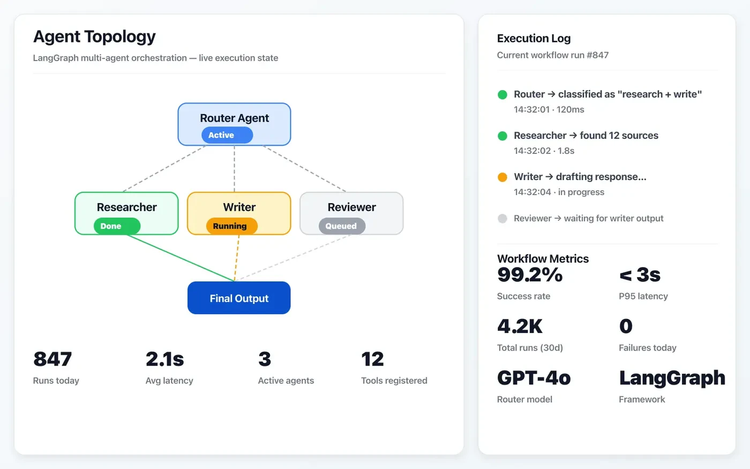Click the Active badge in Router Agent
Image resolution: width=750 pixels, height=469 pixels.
[227, 135]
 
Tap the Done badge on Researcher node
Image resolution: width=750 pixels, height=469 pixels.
[117, 226]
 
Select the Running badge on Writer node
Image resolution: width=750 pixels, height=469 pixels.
[231, 226]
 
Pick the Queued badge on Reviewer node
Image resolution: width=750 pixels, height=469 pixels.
[342, 226]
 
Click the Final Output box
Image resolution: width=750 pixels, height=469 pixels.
[239, 298]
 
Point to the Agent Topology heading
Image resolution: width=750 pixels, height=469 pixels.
[94, 36]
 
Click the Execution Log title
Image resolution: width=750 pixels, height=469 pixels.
[534, 39]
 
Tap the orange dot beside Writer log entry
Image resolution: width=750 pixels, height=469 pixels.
[502, 177]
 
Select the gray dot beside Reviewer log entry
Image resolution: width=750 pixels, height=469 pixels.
[502, 218]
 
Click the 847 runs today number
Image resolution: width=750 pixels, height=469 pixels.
[52, 359]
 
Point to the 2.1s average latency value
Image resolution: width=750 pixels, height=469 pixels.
[164, 359]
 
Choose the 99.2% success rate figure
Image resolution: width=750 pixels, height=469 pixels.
[529, 275]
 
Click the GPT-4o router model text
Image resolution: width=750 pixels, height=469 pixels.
[534, 378]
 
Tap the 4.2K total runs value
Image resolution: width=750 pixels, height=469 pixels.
[520, 326]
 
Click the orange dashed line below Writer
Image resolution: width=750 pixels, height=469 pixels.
[237, 258]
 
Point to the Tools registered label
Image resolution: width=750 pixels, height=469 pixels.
[394, 381]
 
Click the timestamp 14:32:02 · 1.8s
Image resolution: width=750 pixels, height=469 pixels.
[544, 151]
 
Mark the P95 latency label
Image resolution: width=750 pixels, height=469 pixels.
[643, 296]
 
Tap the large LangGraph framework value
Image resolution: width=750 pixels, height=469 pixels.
[672, 378]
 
